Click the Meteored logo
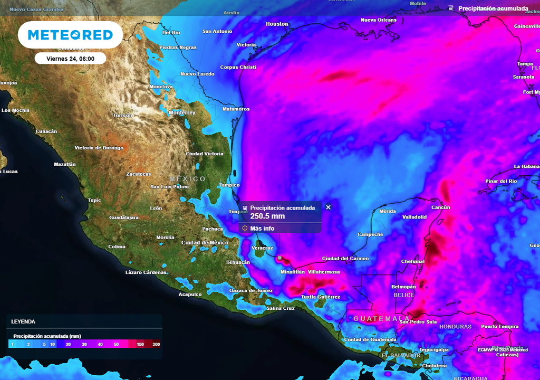(x=70, y=35)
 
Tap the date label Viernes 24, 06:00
(x=70, y=59)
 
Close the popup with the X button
(x=328, y=207)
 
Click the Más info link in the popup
(x=262, y=229)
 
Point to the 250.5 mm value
(x=267, y=216)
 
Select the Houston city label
(x=277, y=24)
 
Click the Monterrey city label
(x=182, y=113)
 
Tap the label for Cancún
(x=441, y=207)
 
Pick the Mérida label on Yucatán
(x=388, y=211)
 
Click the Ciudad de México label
(x=205, y=243)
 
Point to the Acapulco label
(x=190, y=294)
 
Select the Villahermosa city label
(x=324, y=272)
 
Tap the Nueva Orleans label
(x=379, y=20)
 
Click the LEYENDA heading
(x=23, y=321)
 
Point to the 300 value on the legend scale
(x=156, y=344)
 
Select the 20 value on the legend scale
(x=68, y=344)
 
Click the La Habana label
(x=527, y=167)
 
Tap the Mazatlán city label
(x=65, y=164)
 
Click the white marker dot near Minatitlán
(x=280, y=258)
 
